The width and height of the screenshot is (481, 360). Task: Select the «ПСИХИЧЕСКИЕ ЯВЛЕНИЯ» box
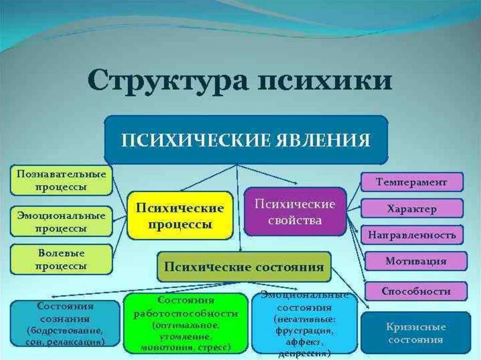246,140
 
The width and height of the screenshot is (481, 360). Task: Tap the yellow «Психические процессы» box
180,215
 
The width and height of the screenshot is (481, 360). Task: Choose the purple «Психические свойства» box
295,212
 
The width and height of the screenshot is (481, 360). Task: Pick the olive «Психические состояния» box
244,267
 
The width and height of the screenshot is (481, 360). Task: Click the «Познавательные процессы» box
61,180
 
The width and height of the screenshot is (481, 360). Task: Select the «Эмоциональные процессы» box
61,222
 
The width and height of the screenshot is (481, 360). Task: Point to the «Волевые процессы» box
61,259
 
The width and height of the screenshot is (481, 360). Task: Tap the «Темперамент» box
411,182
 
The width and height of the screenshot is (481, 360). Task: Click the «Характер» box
411,208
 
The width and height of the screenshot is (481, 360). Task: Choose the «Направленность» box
411,235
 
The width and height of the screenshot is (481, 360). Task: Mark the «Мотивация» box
416,261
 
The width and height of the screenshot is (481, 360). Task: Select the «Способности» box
416,291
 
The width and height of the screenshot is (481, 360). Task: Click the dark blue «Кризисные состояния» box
416,333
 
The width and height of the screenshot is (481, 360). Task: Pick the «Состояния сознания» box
65,324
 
